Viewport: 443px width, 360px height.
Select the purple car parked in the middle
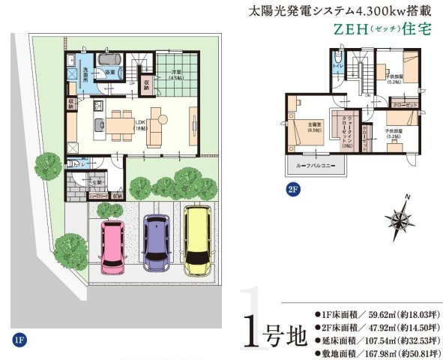[x=156, y=244]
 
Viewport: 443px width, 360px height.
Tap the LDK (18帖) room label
[x=139, y=124]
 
